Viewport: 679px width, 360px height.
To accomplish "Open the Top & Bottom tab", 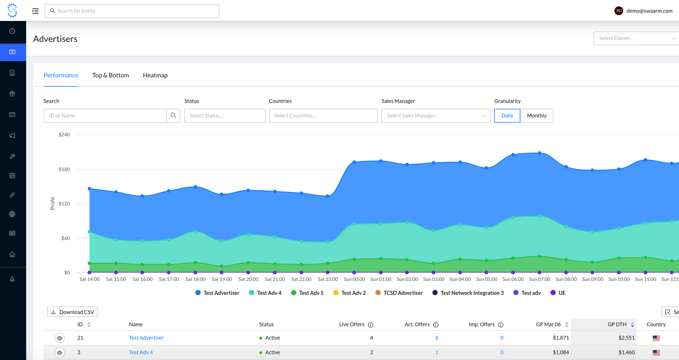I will tap(110, 75).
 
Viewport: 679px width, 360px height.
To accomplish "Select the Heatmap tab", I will tap(155, 75).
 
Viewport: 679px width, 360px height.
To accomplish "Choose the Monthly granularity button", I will tap(537, 116).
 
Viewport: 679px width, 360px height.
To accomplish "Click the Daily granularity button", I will tap(507, 116).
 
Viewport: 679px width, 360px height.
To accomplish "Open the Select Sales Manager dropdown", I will tap(436, 116).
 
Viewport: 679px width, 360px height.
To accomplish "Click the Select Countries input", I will tap(323, 116).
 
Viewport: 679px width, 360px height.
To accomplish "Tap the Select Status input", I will tap(225, 116).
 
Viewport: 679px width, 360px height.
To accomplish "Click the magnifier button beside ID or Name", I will tap(174, 116).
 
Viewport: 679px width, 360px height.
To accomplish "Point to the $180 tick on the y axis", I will tap(64, 169).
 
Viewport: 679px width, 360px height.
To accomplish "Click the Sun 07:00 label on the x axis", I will tap(539, 279).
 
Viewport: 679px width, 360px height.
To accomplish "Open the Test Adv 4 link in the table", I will tap(141, 352).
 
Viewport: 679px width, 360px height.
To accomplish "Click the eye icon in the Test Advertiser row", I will tap(60, 338).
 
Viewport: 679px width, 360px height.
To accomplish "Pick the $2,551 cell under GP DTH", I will tap(626, 338).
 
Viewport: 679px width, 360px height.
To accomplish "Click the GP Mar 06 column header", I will tap(548, 325).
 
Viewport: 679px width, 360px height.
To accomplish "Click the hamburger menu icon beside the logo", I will tap(35, 11).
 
